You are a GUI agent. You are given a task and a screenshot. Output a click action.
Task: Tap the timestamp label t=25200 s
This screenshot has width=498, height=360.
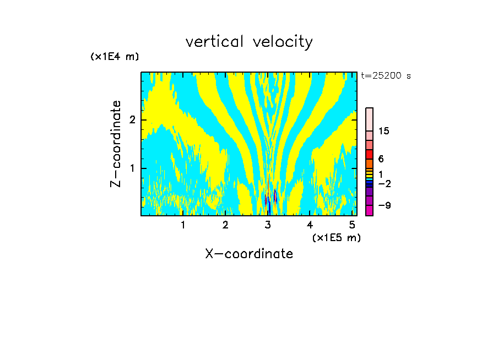tap(386, 76)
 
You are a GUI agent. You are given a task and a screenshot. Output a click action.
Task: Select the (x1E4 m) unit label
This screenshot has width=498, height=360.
tap(115, 56)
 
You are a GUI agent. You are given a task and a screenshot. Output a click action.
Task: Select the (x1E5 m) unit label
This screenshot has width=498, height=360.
tap(336, 237)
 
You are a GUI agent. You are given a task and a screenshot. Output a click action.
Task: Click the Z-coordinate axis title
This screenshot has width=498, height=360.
tap(116, 144)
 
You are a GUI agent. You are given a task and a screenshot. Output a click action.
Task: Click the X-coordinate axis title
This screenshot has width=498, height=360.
tap(249, 254)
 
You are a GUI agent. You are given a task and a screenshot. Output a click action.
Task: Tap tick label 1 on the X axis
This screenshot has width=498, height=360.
tap(183, 225)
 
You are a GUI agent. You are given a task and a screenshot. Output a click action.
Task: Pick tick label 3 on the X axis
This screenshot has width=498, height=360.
tap(268, 225)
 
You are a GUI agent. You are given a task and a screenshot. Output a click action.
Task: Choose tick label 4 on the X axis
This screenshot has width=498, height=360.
tap(310, 225)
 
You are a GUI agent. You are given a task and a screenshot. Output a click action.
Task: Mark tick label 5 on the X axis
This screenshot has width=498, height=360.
tap(353, 225)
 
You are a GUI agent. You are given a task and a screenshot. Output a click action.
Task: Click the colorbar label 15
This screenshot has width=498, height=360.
tap(384, 131)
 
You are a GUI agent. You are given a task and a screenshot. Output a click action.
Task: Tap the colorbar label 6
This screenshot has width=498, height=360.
tap(381, 159)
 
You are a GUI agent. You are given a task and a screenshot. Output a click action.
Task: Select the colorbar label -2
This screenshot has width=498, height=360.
tap(384, 183)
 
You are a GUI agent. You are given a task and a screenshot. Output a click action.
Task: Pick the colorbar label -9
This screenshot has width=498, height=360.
tap(384, 205)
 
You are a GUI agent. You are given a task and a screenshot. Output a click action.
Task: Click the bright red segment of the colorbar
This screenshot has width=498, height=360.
tap(369, 154)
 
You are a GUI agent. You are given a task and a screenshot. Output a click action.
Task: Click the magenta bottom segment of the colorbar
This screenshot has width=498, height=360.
tap(369, 210)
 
